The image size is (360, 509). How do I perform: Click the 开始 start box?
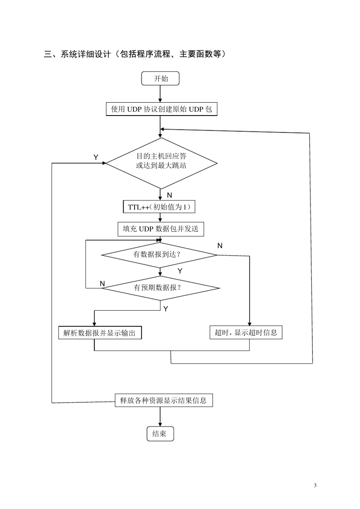160,79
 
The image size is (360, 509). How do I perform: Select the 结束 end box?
160,434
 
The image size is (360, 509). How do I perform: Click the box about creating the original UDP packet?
161,109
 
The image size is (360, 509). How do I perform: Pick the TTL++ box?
159,207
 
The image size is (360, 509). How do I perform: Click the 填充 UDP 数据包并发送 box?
161,229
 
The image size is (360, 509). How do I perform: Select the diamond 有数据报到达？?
159,254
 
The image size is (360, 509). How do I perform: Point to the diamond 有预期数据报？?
161,288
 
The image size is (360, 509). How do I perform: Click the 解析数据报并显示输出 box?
100,333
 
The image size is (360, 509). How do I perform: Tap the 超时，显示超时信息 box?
246,333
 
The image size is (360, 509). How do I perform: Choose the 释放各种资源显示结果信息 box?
164,400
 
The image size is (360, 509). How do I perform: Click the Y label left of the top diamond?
96,157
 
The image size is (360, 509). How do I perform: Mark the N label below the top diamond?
169,195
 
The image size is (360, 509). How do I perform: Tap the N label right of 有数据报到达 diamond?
220,246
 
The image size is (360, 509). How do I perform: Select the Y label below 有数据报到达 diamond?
180,271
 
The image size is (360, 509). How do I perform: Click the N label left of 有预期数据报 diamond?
102,284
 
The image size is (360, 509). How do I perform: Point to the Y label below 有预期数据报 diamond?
166,309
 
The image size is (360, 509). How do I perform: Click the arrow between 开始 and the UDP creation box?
160,94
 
